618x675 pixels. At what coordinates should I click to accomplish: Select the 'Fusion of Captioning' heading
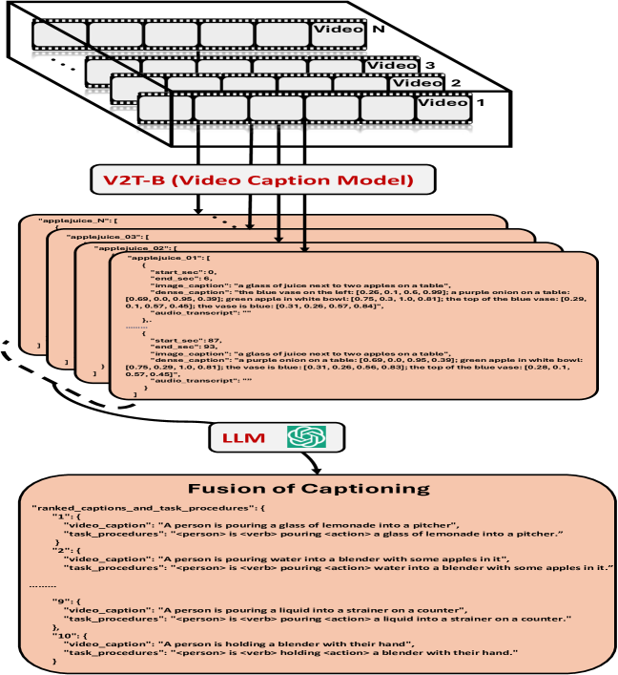tap(310, 489)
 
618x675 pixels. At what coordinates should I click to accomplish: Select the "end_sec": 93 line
tap(180, 345)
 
